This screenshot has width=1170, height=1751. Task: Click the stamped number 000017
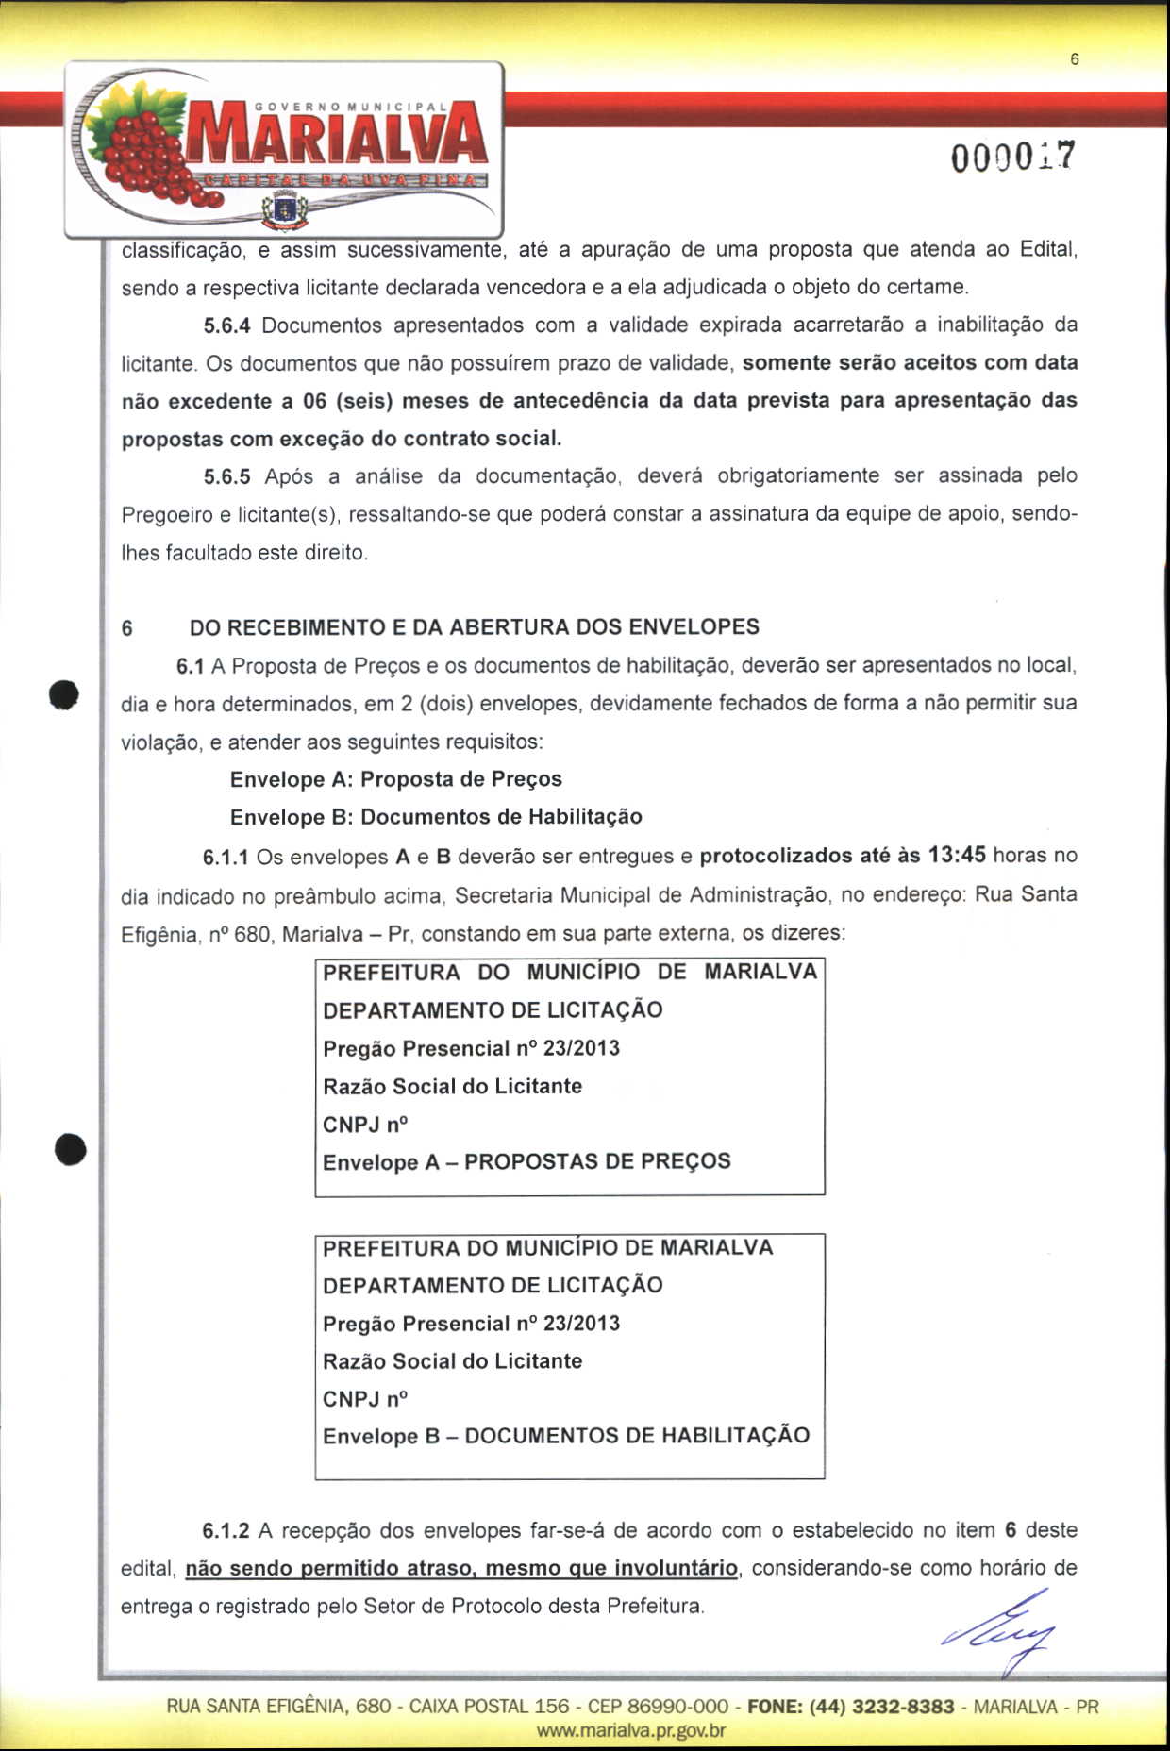[x=1011, y=157]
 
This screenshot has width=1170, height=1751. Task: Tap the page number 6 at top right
[x=1074, y=59]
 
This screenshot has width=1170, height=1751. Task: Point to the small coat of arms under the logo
[x=284, y=209]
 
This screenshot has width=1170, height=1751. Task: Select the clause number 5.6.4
[x=226, y=325]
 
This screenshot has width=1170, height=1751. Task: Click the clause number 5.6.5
[x=226, y=476]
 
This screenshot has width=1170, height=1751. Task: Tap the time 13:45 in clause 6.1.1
[x=957, y=855]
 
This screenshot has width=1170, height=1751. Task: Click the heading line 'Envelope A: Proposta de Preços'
[x=395, y=779]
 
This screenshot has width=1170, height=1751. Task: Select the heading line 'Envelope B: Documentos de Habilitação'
[x=436, y=817]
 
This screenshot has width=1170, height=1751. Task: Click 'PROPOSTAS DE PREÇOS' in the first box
[x=597, y=1161]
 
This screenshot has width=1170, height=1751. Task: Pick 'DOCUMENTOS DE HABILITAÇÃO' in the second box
[x=637, y=1436]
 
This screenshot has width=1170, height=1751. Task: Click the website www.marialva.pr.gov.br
[x=630, y=1730]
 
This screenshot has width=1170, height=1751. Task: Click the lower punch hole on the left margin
[x=71, y=1150]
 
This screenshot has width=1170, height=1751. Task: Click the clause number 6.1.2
[x=226, y=1529]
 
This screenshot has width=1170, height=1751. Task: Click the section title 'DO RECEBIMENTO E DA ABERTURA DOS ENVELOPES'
[x=475, y=627]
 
